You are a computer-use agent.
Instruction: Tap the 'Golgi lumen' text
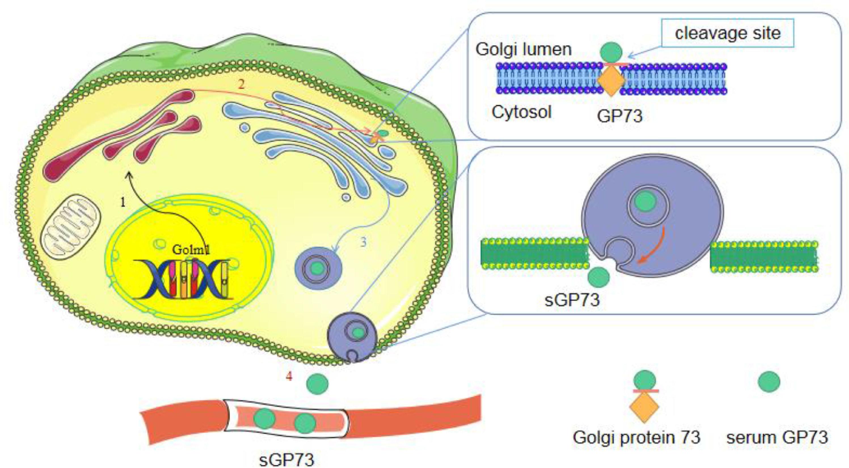523,49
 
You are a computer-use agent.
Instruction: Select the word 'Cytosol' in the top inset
521,113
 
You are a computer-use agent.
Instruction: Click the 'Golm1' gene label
191,250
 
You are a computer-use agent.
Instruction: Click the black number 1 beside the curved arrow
123,202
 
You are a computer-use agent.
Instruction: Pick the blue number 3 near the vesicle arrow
363,242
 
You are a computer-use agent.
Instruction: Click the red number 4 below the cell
289,376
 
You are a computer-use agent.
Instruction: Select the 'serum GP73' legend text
777,438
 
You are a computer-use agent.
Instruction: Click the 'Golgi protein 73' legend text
637,438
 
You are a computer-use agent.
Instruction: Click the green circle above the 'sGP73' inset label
599,277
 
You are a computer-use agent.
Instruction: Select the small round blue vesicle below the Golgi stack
346,197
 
